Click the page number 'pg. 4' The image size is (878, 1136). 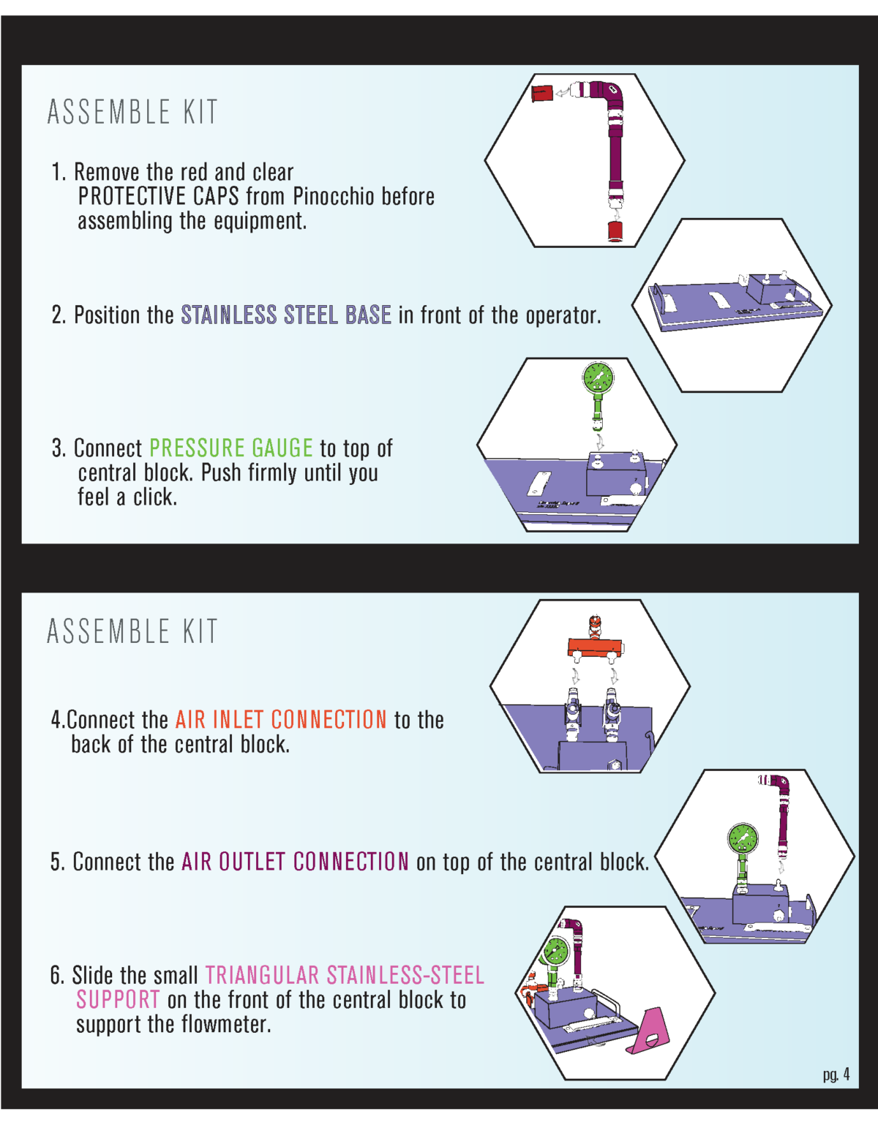tap(836, 1074)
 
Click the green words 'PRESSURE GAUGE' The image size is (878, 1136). tap(231, 448)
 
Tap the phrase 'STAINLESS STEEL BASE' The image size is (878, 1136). tap(286, 315)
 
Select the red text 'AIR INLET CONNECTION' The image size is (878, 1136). tap(281, 720)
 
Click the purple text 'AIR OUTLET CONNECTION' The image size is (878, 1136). tap(296, 862)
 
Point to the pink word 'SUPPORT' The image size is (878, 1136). tap(118, 999)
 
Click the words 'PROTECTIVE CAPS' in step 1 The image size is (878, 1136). tap(159, 196)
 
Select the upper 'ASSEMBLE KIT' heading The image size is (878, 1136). tap(132, 113)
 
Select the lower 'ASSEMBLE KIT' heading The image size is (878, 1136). tap(132, 631)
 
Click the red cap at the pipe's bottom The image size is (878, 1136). tap(615, 232)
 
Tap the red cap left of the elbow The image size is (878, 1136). tap(541, 94)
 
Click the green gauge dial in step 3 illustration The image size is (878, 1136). tap(598, 378)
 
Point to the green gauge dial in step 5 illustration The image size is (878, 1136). tap(743, 838)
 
